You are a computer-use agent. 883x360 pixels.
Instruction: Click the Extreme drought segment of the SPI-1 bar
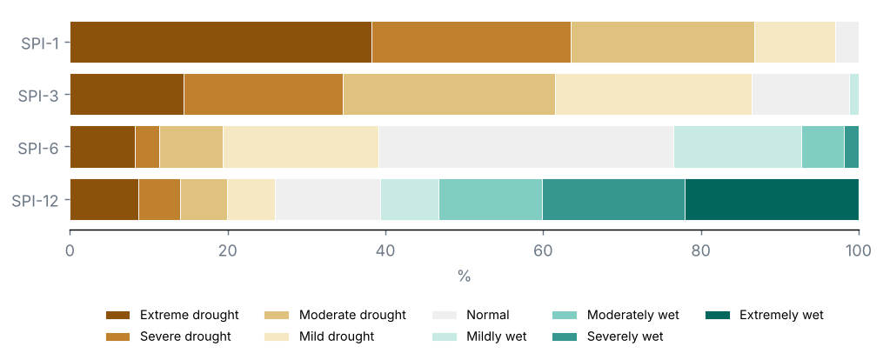pyautogui.click(x=221, y=43)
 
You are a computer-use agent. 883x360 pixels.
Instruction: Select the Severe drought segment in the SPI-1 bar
pyautogui.click(x=472, y=43)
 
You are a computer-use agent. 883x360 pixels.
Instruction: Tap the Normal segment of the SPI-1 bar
pyautogui.click(x=847, y=43)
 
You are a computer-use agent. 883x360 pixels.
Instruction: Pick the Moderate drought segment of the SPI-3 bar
pyautogui.click(x=450, y=95)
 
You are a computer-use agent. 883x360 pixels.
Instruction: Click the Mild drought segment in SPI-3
pyautogui.click(x=654, y=95)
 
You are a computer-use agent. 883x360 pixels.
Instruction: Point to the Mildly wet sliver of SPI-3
pyautogui.click(x=854, y=95)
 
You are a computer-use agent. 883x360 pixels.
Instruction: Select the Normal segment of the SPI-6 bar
pyautogui.click(x=526, y=147)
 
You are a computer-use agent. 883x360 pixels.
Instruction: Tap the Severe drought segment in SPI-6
pyautogui.click(x=148, y=147)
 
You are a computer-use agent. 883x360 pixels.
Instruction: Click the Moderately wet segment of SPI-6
pyautogui.click(x=823, y=147)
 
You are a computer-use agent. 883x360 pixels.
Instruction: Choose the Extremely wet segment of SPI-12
pyautogui.click(x=772, y=200)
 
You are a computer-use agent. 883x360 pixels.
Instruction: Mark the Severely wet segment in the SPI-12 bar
pyautogui.click(x=614, y=200)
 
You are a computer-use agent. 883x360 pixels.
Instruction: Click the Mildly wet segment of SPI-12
pyautogui.click(x=410, y=200)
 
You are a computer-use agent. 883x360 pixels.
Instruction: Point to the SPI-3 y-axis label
pyautogui.click(x=38, y=95)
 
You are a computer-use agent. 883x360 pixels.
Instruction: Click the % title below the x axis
pyautogui.click(x=464, y=277)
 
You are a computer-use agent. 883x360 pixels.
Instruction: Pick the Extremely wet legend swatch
pyautogui.click(x=718, y=315)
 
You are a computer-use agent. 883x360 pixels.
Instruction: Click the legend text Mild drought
pyautogui.click(x=337, y=337)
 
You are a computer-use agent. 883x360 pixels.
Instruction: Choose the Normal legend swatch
pyautogui.click(x=445, y=315)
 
